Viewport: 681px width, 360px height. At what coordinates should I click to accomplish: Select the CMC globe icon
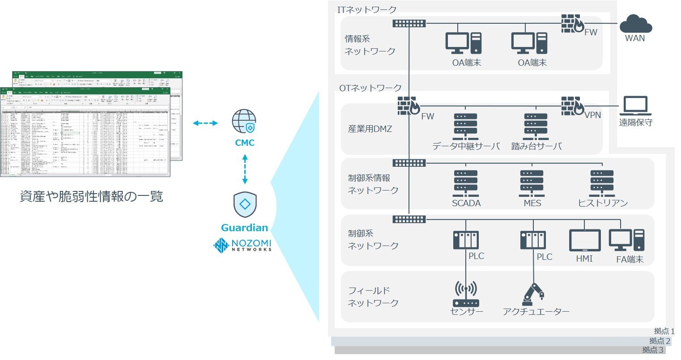(x=244, y=122)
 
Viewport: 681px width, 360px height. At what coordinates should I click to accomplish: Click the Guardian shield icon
(x=245, y=205)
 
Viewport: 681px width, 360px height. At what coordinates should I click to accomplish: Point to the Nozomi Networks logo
(x=243, y=246)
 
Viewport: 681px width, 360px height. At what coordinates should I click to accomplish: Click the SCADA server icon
(x=466, y=183)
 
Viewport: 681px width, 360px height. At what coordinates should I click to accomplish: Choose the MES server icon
(x=532, y=183)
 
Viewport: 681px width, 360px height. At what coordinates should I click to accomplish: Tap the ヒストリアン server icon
(x=602, y=183)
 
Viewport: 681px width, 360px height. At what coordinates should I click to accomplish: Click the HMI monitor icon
(x=585, y=241)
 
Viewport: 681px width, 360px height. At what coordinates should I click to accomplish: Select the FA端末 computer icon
(x=627, y=240)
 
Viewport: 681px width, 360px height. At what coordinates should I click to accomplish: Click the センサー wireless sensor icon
(x=466, y=294)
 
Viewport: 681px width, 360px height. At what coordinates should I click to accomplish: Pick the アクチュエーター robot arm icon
(x=533, y=294)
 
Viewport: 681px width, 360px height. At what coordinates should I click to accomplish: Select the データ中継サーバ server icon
(x=465, y=127)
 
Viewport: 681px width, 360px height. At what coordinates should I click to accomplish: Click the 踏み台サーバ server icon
(x=536, y=127)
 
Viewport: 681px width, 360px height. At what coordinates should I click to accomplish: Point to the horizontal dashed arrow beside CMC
(x=205, y=123)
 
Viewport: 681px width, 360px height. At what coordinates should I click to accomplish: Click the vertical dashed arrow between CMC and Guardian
(x=245, y=169)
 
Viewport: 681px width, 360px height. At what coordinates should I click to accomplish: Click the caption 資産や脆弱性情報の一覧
(x=92, y=196)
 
